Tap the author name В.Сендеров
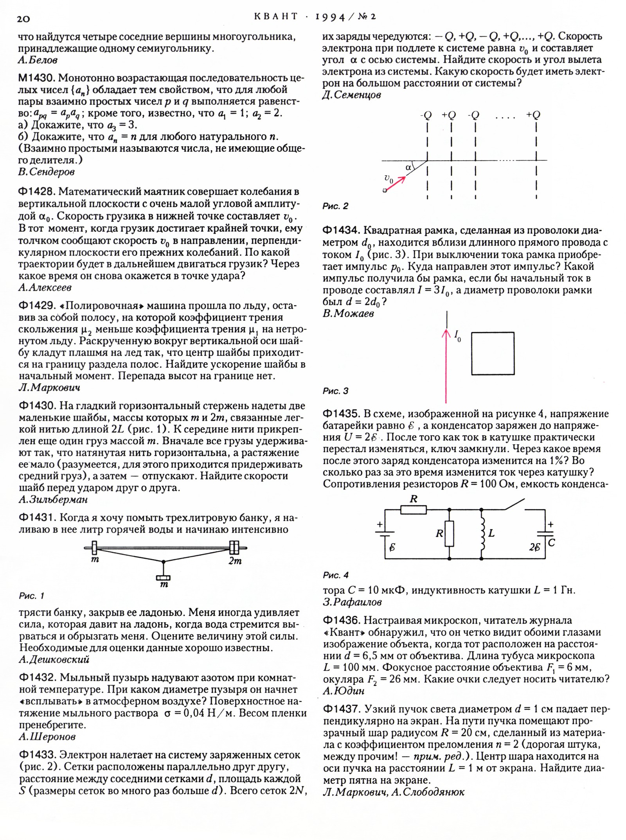46,172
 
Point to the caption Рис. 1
32,596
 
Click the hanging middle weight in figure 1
163,578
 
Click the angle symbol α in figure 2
408,167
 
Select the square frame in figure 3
493,354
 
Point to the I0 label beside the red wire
457,336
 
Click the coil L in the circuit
482,534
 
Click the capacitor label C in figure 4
552,543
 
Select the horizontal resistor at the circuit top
413,510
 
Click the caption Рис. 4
335,575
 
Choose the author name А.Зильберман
53,499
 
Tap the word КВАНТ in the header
276,17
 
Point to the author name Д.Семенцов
352,95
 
